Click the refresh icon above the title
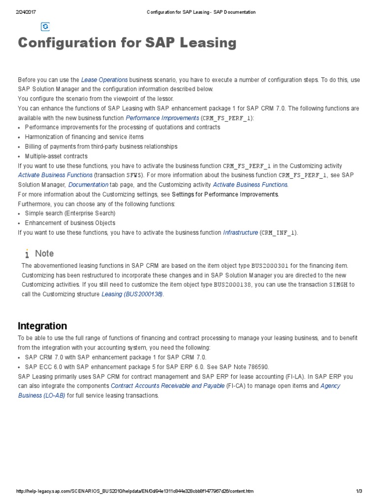click(45, 27)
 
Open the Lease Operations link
click(104, 80)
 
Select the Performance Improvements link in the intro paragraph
click(162, 118)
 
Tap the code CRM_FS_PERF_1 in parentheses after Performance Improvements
click(226, 118)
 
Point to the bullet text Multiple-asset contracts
click(49, 157)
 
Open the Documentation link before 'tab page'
click(89, 185)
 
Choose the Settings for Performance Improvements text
click(225, 194)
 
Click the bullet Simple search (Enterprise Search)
click(70, 214)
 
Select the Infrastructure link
click(240, 233)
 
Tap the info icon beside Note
click(27, 253)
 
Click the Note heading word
click(44, 253)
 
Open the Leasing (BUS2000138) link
click(132, 294)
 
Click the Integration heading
click(42, 326)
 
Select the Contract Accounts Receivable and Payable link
click(168, 386)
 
